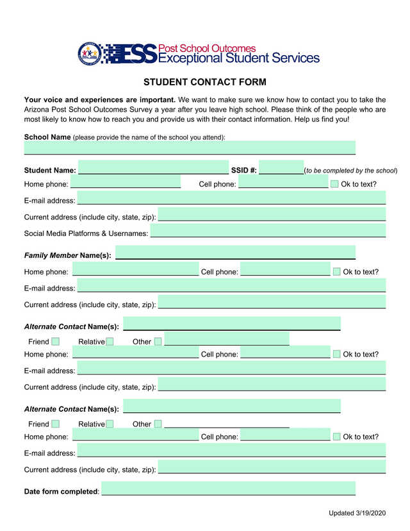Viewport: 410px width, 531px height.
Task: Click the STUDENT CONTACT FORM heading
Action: (204, 82)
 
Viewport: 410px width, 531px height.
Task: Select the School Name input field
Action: (190, 148)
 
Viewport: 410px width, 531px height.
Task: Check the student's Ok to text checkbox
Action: (335, 185)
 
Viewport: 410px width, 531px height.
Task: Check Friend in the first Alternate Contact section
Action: (56, 342)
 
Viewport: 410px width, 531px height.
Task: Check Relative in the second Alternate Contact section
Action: (110, 424)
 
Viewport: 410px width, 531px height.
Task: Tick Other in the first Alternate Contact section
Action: (158, 342)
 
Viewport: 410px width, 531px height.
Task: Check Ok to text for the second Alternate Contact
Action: (337, 437)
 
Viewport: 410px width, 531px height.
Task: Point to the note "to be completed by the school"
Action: (351, 171)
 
